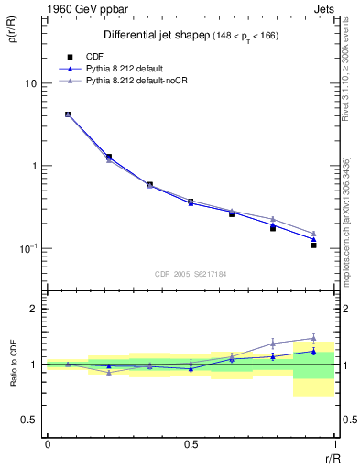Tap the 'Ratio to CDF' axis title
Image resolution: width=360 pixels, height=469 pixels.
[x=14, y=365]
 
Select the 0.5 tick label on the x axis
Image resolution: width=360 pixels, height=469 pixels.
[x=190, y=443]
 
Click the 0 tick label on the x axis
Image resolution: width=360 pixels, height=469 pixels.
[x=47, y=443]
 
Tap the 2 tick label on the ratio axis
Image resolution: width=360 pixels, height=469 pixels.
[x=34, y=310]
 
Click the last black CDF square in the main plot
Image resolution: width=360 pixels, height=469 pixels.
[x=313, y=245]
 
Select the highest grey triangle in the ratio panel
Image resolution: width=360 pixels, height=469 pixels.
[x=313, y=338]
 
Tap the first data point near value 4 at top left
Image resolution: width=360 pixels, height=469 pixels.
[x=68, y=115]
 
